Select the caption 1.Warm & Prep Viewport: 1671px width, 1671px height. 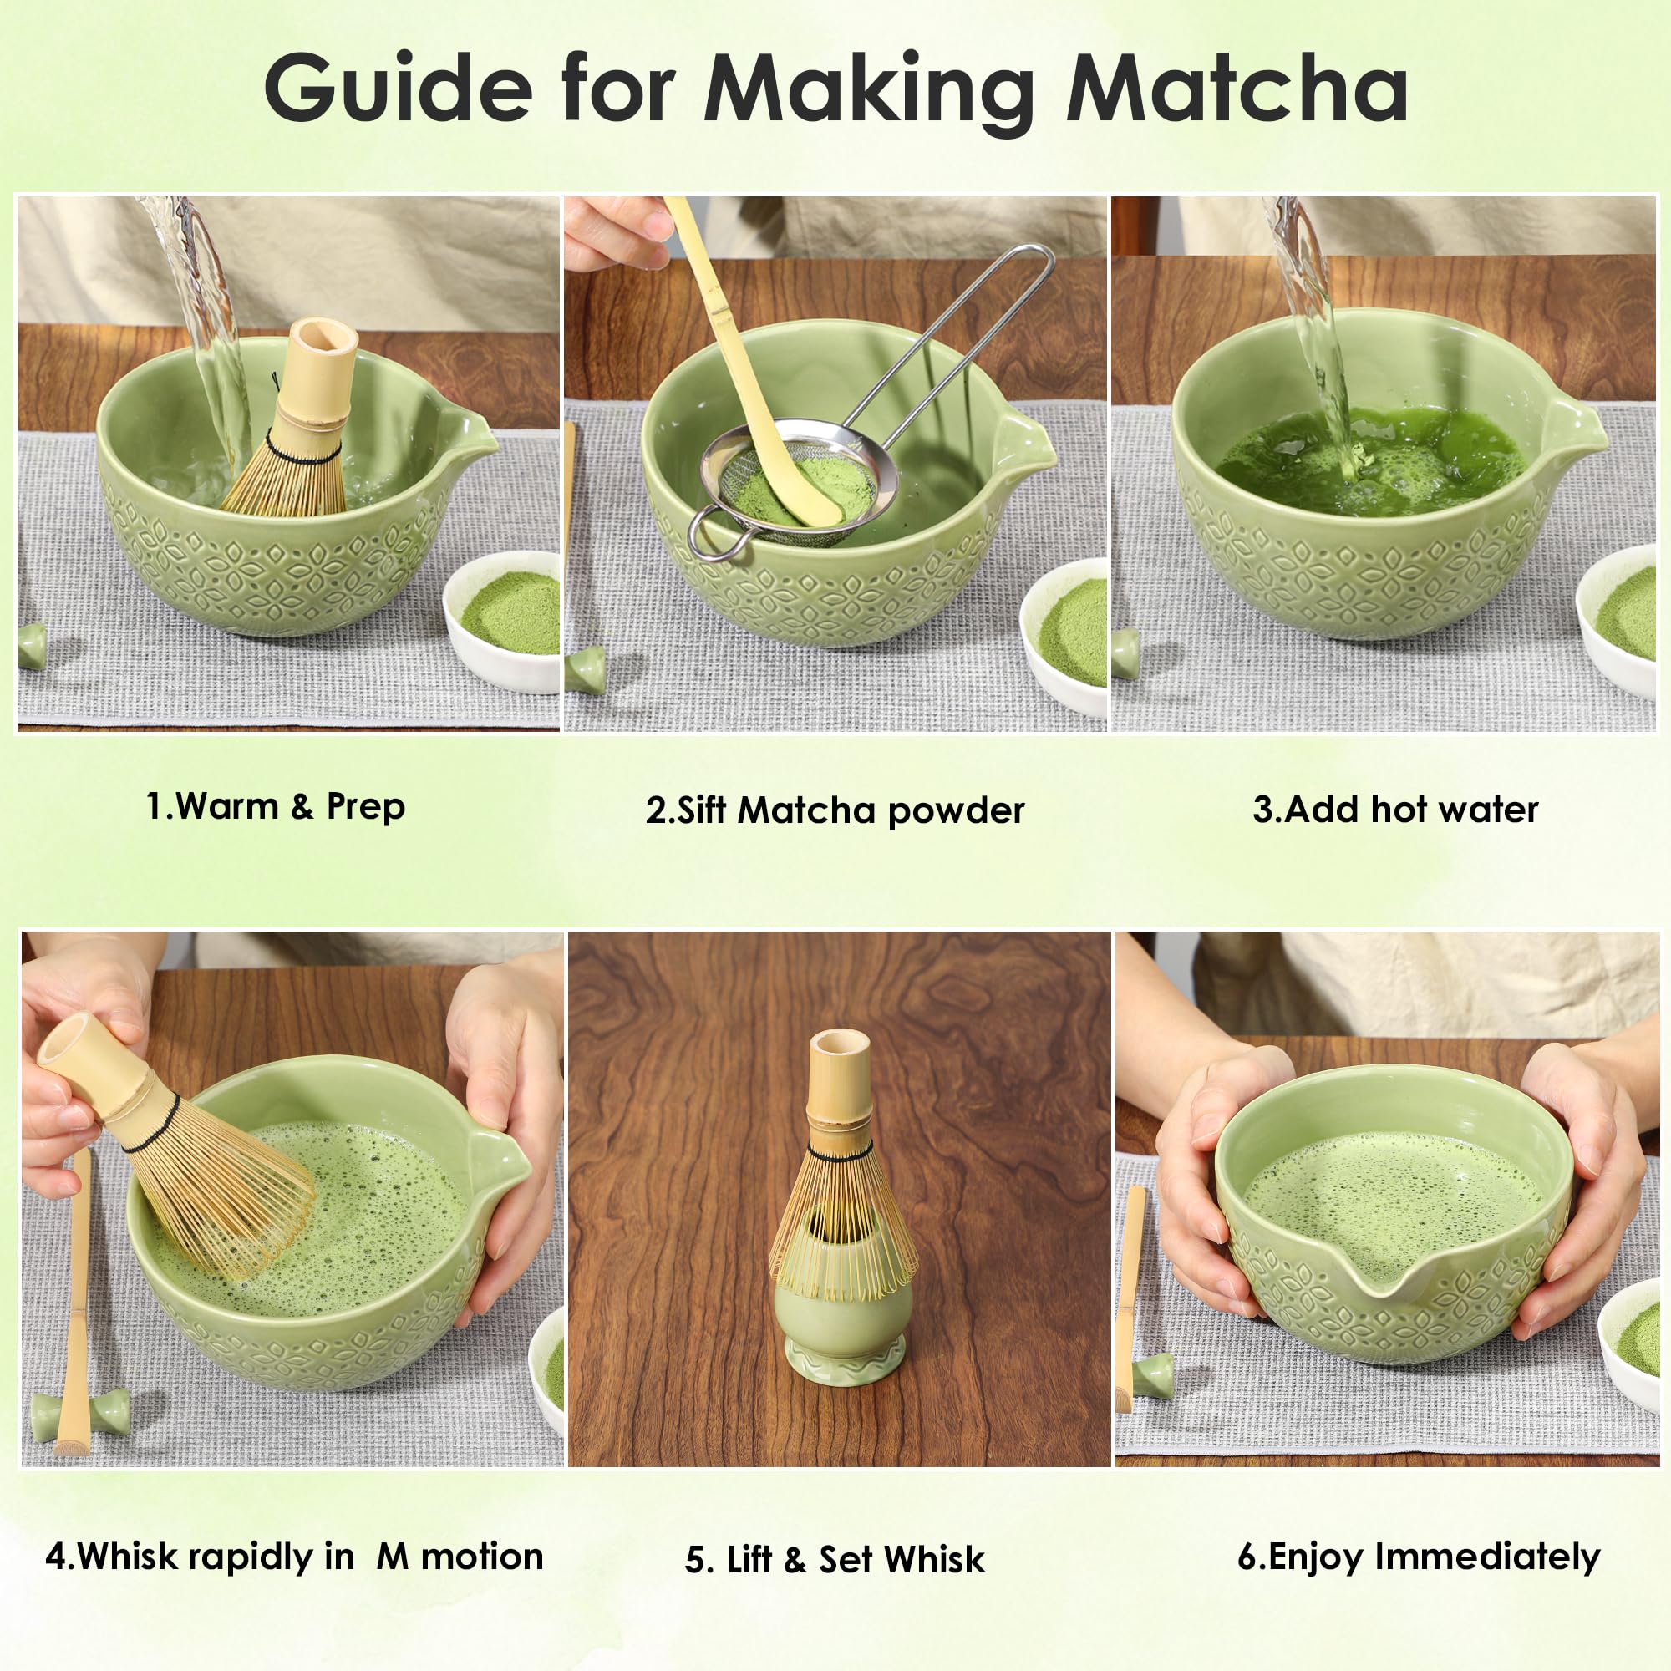click(x=275, y=807)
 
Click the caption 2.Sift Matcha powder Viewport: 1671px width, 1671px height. click(x=835, y=810)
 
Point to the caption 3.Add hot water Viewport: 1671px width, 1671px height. click(x=1395, y=810)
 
